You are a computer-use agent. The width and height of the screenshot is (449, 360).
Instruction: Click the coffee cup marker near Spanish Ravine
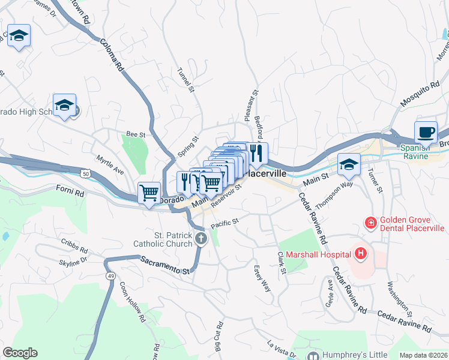click(x=426, y=132)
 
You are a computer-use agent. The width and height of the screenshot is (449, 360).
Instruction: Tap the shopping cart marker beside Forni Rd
click(x=149, y=193)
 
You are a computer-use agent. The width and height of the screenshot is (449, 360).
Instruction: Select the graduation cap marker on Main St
click(x=349, y=164)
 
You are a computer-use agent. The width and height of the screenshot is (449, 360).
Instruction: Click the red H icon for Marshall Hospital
click(x=360, y=254)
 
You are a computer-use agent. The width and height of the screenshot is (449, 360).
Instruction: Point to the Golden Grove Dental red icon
click(x=371, y=223)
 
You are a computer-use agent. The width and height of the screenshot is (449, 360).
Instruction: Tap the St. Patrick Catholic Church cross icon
click(x=201, y=240)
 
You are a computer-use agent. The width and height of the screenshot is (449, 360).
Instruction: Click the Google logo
click(x=20, y=353)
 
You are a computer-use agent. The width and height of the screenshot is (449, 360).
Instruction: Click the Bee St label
click(x=136, y=135)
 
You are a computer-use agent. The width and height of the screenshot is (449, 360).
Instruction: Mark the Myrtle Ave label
click(x=111, y=163)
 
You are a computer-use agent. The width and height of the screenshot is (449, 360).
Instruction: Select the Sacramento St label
click(x=164, y=264)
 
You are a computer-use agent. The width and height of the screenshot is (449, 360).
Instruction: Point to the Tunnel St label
click(x=186, y=80)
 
